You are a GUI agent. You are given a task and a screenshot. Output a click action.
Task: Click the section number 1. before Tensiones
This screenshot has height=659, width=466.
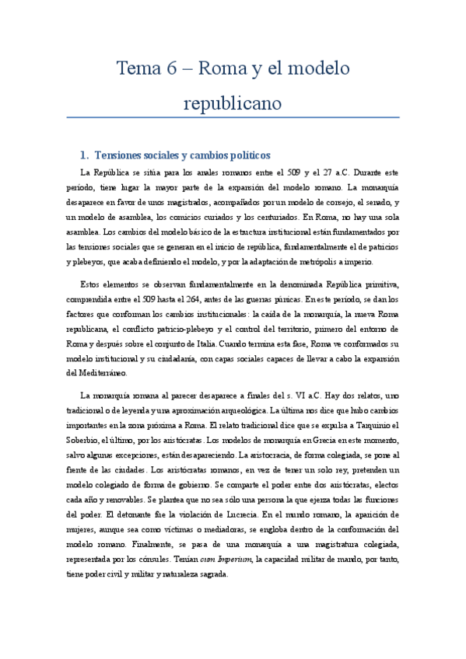click(86, 153)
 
